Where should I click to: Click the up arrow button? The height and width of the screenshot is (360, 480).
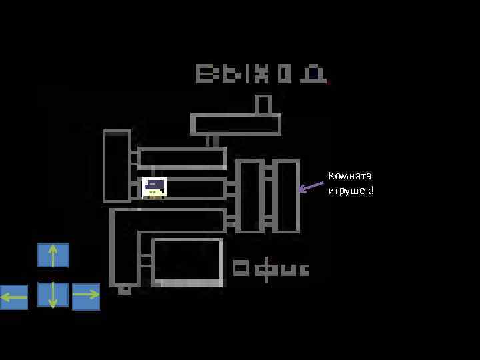53,255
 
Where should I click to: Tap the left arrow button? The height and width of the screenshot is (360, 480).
14,297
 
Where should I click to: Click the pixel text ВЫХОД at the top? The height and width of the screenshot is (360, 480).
261,74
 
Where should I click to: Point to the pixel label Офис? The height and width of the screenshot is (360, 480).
271,269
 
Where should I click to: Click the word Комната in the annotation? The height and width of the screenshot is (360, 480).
349,176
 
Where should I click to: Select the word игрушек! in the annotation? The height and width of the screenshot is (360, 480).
351,191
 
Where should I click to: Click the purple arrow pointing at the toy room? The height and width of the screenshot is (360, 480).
310,187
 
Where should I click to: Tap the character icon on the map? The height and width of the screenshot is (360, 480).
155,187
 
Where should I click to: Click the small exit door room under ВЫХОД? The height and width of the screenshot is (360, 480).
263,105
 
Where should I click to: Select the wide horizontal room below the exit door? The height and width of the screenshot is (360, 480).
235,125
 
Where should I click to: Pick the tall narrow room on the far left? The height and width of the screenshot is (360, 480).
117,166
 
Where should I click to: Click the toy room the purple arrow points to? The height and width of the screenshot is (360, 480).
287,195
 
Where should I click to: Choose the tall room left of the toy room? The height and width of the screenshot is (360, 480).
249,195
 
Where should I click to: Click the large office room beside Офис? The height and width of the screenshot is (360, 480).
187,261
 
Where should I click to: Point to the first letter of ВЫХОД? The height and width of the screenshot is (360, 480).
204,74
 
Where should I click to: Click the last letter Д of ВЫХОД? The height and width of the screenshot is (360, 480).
313,74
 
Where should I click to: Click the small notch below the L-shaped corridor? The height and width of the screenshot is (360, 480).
125,290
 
